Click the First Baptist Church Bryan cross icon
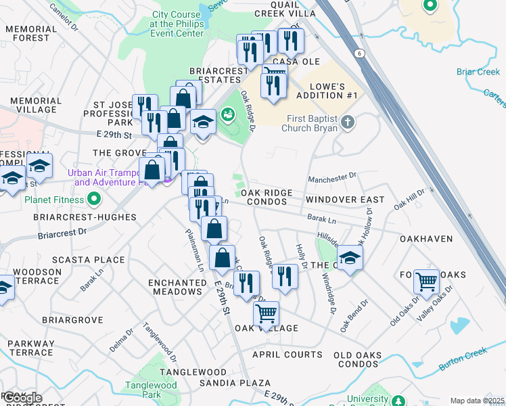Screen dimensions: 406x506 pyautogui.click(x=348, y=122)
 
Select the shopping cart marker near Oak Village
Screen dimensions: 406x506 pyautogui.click(x=267, y=314)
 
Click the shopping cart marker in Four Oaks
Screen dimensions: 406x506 pyautogui.click(x=426, y=281)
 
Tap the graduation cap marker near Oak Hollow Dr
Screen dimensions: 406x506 pyautogui.click(x=349, y=258)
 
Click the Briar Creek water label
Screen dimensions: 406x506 pyautogui.click(x=478, y=72)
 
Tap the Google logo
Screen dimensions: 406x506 pyautogui.click(x=23, y=398)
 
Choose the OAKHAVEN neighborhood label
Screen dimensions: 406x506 pyautogui.click(x=426, y=240)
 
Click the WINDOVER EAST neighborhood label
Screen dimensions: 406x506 pyautogui.click(x=344, y=200)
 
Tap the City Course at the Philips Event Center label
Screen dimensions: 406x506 pyautogui.click(x=177, y=24)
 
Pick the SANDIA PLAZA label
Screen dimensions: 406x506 pyautogui.click(x=235, y=383)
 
